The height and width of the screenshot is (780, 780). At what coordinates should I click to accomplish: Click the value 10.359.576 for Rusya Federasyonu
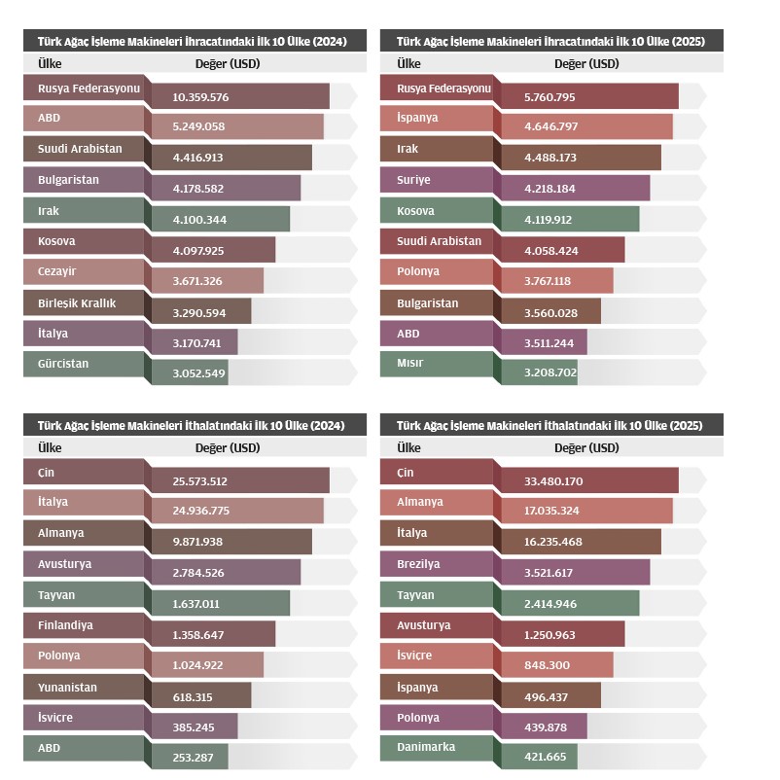[200, 97]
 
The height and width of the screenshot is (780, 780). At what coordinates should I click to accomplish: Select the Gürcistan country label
[63, 364]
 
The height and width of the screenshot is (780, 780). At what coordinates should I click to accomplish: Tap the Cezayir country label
[56, 271]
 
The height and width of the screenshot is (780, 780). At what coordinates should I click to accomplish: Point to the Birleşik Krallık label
[77, 302]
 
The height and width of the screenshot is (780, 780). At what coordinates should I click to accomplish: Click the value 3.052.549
[198, 372]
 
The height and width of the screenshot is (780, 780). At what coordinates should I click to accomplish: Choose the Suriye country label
[413, 180]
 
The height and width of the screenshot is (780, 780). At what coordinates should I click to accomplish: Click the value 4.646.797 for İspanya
[550, 127]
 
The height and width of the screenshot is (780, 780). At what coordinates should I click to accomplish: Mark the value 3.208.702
[550, 372]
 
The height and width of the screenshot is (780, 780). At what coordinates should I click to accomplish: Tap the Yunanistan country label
[67, 687]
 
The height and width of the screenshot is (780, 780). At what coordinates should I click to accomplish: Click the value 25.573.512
[200, 481]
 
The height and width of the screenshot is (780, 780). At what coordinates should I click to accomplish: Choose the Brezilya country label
[418, 563]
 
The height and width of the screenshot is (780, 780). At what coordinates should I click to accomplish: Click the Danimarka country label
[426, 747]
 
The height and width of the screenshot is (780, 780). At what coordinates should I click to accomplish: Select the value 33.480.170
[554, 481]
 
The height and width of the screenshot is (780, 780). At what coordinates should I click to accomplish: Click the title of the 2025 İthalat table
[550, 425]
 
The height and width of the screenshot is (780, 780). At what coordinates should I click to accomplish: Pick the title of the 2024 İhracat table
[191, 41]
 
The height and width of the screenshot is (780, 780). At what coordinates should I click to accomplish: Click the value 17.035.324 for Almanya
[554, 512]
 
